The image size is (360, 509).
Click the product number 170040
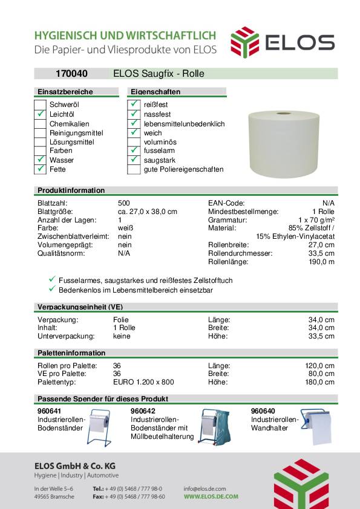71,74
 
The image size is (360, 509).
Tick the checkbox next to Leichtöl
40,114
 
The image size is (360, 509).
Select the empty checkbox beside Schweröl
40,105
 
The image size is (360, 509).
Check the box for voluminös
134,141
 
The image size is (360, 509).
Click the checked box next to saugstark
134,160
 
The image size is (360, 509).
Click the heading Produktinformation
71,190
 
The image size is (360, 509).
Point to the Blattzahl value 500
123,203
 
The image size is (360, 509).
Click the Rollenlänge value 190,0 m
321,262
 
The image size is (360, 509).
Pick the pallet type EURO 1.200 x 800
143,382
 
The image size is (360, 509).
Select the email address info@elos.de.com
205,488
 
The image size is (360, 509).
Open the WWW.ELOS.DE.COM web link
211,496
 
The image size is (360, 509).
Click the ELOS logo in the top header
282,42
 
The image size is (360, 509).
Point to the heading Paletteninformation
71,353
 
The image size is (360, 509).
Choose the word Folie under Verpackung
121,319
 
